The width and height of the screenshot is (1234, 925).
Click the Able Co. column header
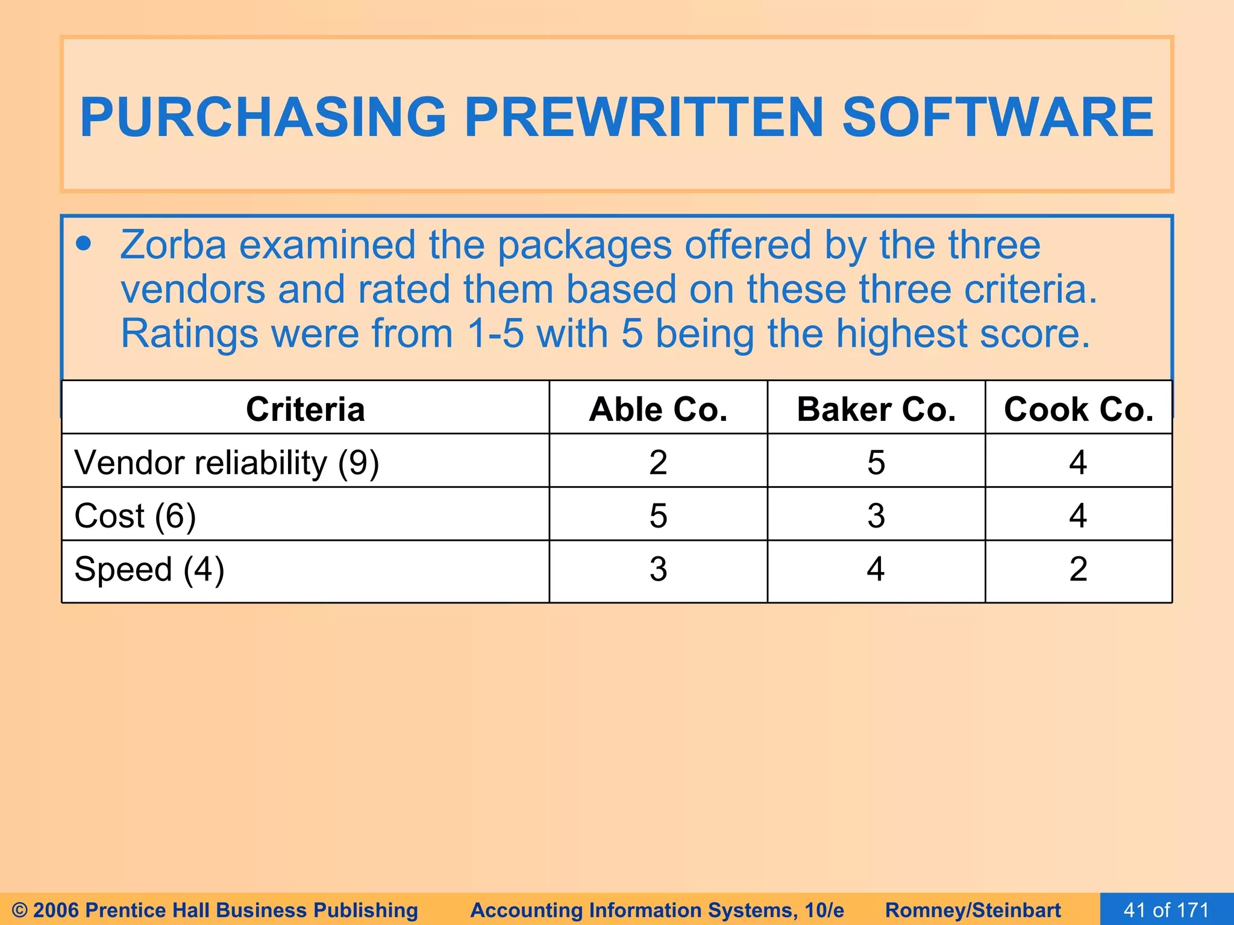(658, 410)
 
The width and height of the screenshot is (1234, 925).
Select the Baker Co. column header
(876, 410)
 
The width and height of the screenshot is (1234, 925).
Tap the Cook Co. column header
(1079, 410)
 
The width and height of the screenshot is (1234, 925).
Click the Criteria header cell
(305, 410)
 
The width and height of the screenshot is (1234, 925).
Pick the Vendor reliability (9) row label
(227, 462)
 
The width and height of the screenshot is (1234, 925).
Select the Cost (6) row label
(135, 515)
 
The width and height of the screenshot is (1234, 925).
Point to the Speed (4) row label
(149, 569)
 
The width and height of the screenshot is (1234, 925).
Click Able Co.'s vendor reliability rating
(658, 462)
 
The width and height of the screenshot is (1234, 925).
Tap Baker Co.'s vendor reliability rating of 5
(876, 462)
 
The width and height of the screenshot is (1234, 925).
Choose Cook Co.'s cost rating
(1078, 515)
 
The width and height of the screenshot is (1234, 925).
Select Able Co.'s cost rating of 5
(658, 515)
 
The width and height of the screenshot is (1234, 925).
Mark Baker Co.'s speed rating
(876, 569)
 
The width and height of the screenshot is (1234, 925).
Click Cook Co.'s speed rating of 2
(1078, 569)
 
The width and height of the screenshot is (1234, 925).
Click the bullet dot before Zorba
(84, 244)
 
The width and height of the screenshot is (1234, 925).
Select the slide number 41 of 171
(1167, 909)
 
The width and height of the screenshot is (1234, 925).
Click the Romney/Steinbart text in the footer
(972, 910)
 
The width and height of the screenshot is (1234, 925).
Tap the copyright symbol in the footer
(19, 910)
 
